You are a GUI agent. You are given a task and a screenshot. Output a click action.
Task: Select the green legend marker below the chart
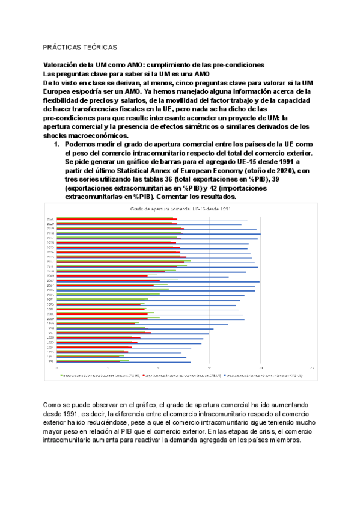point(61,375)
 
